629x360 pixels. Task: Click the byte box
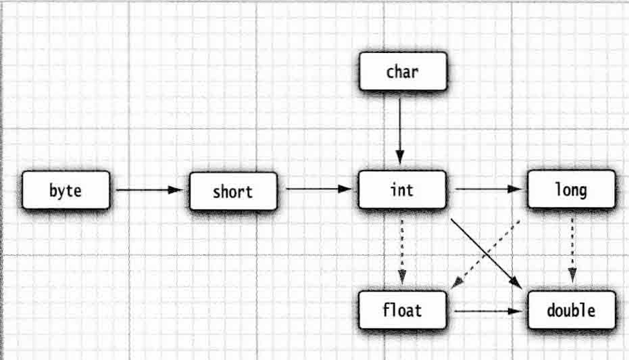(x=65, y=190)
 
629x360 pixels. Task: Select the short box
(x=232, y=191)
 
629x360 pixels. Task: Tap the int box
(x=401, y=189)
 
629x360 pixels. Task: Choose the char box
(x=402, y=71)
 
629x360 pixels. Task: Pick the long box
(x=571, y=189)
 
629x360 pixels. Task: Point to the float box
(x=401, y=310)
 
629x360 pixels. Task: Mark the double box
(x=571, y=310)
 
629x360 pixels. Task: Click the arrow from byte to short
(x=148, y=190)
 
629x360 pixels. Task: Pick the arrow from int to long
(x=489, y=189)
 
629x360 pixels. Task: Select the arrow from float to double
(x=487, y=311)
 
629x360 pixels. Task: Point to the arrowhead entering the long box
(x=518, y=189)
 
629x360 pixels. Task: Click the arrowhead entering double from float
(x=516, y=311)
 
